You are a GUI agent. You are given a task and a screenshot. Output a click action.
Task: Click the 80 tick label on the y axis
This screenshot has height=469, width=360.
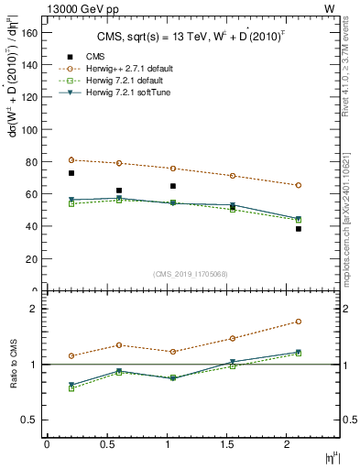tap(32, 162)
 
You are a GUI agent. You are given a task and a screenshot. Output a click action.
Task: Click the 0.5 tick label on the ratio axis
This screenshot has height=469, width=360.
tap(30, 420)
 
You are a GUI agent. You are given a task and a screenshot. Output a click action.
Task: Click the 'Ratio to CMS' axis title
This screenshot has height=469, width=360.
tap(13, 365)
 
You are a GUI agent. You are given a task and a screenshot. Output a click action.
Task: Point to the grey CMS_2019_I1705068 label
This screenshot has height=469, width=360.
tap(190, 272)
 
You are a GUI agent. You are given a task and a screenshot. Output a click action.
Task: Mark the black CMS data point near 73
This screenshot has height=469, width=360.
tap(71, 173)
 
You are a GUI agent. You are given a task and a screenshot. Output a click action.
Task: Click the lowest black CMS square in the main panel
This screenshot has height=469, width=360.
tap(298, 229)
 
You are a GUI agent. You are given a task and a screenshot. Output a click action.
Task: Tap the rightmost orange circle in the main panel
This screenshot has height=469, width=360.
tap(298, 185)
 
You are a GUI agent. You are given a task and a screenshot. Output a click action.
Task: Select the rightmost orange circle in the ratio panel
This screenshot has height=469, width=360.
tap(298, 322)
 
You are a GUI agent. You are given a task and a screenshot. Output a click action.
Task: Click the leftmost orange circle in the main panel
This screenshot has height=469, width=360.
tap(71, 160)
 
